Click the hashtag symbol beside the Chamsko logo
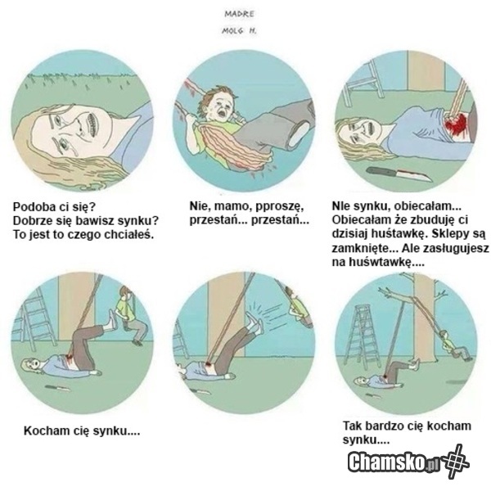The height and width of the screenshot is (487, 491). coord(454,462)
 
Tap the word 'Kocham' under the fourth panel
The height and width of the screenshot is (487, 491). coord(44,431)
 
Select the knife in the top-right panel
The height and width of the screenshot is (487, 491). coord(399,174)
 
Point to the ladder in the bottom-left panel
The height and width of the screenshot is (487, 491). coord(34,316)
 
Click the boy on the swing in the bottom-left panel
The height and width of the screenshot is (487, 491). coord(128,315)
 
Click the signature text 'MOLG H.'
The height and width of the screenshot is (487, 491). coord(239,31)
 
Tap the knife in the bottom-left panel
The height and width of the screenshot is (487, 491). coord(58,388)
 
